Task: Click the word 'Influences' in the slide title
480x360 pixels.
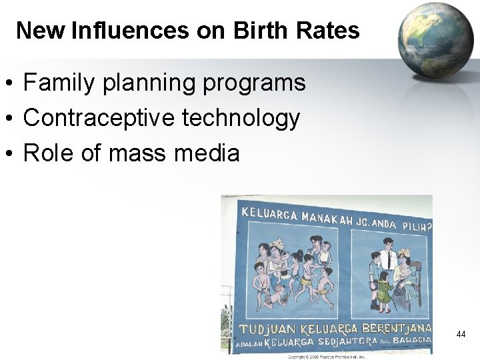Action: (x=129, y=30)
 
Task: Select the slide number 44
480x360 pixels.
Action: (x=461, y=334)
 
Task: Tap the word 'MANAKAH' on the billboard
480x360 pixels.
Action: (x=327, y=218)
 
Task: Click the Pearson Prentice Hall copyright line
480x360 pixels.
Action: (x=326, y=356)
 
